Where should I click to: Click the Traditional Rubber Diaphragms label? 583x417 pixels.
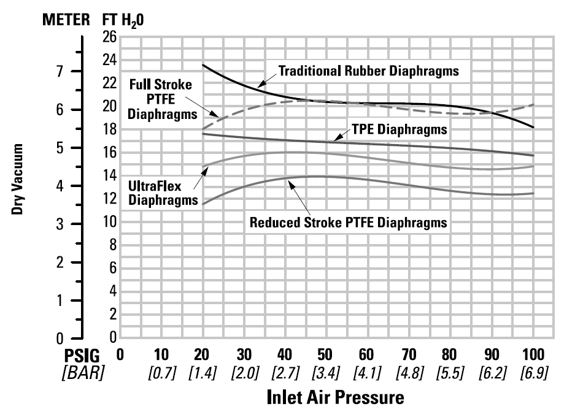point(368,71)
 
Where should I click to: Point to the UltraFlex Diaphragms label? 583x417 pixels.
point(163,191)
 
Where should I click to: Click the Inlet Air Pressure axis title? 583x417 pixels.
point(336,397)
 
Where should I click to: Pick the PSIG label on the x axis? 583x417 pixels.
point(83,356)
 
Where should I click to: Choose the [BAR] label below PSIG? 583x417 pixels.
point(83,372)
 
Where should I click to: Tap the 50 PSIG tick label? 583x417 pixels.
point(325,356)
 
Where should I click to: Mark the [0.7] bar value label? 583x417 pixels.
point(161,372)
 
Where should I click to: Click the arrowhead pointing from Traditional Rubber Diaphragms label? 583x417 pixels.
point(258,86)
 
